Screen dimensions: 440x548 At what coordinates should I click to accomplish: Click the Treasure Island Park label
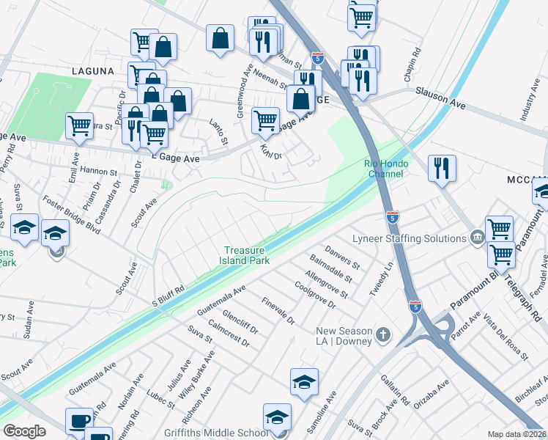(x=245, y=255)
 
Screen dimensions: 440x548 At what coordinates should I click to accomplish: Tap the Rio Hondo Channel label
(x=383, y=169)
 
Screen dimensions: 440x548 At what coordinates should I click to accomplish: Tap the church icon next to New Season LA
(x=382, y=336)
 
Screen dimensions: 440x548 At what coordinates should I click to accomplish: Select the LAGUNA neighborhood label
(x=92, y=71)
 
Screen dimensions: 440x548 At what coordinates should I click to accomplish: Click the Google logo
(x=24, y=431)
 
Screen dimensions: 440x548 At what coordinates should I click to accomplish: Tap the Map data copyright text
(x=516, y=434)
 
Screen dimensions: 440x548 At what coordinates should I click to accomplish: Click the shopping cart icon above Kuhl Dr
(x=265, y=120)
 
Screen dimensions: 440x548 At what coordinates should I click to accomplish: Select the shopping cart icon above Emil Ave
(x=79, y=125)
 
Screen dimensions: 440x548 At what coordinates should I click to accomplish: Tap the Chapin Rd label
(x=415, y=62)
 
